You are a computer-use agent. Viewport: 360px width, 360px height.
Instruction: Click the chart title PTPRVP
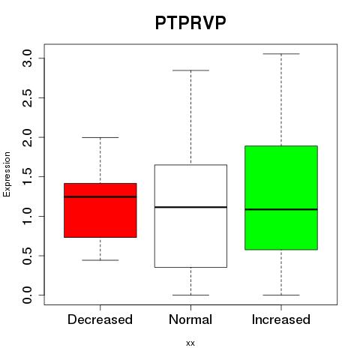190,22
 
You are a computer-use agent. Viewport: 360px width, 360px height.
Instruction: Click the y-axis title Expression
7,174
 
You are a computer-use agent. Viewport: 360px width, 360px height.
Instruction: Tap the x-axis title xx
190,343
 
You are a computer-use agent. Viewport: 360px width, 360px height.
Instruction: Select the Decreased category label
100,319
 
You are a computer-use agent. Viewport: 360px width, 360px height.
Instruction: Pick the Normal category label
190,319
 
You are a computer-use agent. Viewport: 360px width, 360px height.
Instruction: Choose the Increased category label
281,319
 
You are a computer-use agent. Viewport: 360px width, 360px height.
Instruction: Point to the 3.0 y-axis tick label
27,58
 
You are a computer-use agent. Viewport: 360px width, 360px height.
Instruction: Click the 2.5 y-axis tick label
27,97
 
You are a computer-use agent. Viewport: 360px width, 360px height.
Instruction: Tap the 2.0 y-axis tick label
27,137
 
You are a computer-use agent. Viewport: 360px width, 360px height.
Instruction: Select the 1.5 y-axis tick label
27,176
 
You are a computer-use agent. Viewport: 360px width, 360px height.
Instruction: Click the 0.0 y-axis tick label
27,295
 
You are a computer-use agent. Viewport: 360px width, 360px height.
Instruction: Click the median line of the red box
100,196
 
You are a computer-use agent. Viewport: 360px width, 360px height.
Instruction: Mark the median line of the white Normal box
190,207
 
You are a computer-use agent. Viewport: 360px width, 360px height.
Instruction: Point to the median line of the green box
281,209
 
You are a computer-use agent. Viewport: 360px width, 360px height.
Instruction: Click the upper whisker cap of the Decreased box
100,137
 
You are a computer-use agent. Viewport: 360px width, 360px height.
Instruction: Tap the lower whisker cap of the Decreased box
100,260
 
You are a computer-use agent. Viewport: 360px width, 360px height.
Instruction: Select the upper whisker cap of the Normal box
190,70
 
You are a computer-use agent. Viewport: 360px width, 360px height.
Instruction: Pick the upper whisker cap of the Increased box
281,54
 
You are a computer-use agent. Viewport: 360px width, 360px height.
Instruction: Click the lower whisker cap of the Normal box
190,295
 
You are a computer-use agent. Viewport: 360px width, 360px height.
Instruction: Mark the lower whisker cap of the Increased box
281,295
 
